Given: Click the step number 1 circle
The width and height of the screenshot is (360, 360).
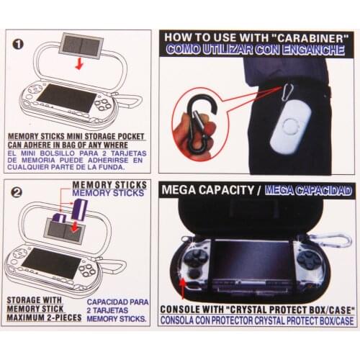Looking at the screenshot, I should [x=18, y=42].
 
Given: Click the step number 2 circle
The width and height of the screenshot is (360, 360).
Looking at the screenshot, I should [x=18, y=193].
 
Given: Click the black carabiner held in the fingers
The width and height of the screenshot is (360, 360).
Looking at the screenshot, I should [x=192, y=123].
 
